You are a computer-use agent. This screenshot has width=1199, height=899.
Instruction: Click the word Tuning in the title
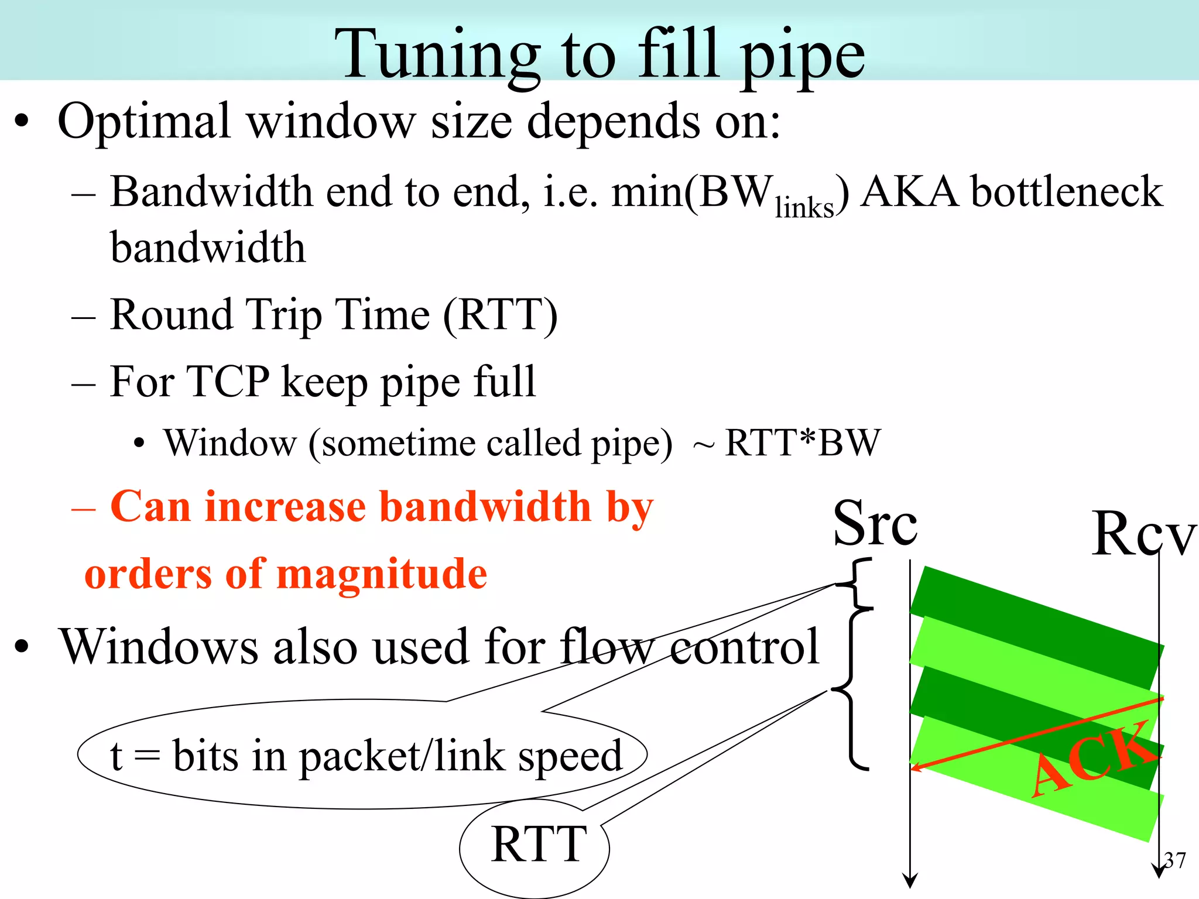pos(437,56)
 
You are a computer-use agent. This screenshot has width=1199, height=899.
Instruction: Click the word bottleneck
pos(1067,192)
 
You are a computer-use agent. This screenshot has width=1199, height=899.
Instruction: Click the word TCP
pos(228,382)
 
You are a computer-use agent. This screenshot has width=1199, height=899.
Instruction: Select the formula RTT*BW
pos(802,443)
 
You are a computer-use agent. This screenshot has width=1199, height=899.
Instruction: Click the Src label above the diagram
pos(875,524)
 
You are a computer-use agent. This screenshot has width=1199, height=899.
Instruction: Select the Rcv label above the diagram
pos(1143,534)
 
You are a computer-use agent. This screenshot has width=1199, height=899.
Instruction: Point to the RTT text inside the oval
pos(539,845)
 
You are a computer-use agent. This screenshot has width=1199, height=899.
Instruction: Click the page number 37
pos(1174,860)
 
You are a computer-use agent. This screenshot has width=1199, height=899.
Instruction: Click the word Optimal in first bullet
pos(144,122)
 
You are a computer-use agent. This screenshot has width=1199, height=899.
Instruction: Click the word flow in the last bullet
pos(606,647)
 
